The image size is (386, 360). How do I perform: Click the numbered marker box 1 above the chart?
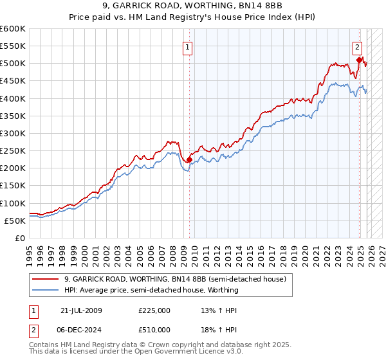click(x=187, y=46)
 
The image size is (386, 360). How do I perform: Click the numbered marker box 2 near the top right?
click(x=357, y=46)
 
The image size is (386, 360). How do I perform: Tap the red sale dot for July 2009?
click(x=189, y=159)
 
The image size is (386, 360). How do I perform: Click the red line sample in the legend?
click(x=46, y=279)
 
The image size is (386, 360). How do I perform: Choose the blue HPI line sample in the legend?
click(x=46, y=290)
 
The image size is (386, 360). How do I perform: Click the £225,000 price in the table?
click(x=154, y=310)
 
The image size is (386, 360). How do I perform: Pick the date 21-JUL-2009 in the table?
click(x=81, y=310)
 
